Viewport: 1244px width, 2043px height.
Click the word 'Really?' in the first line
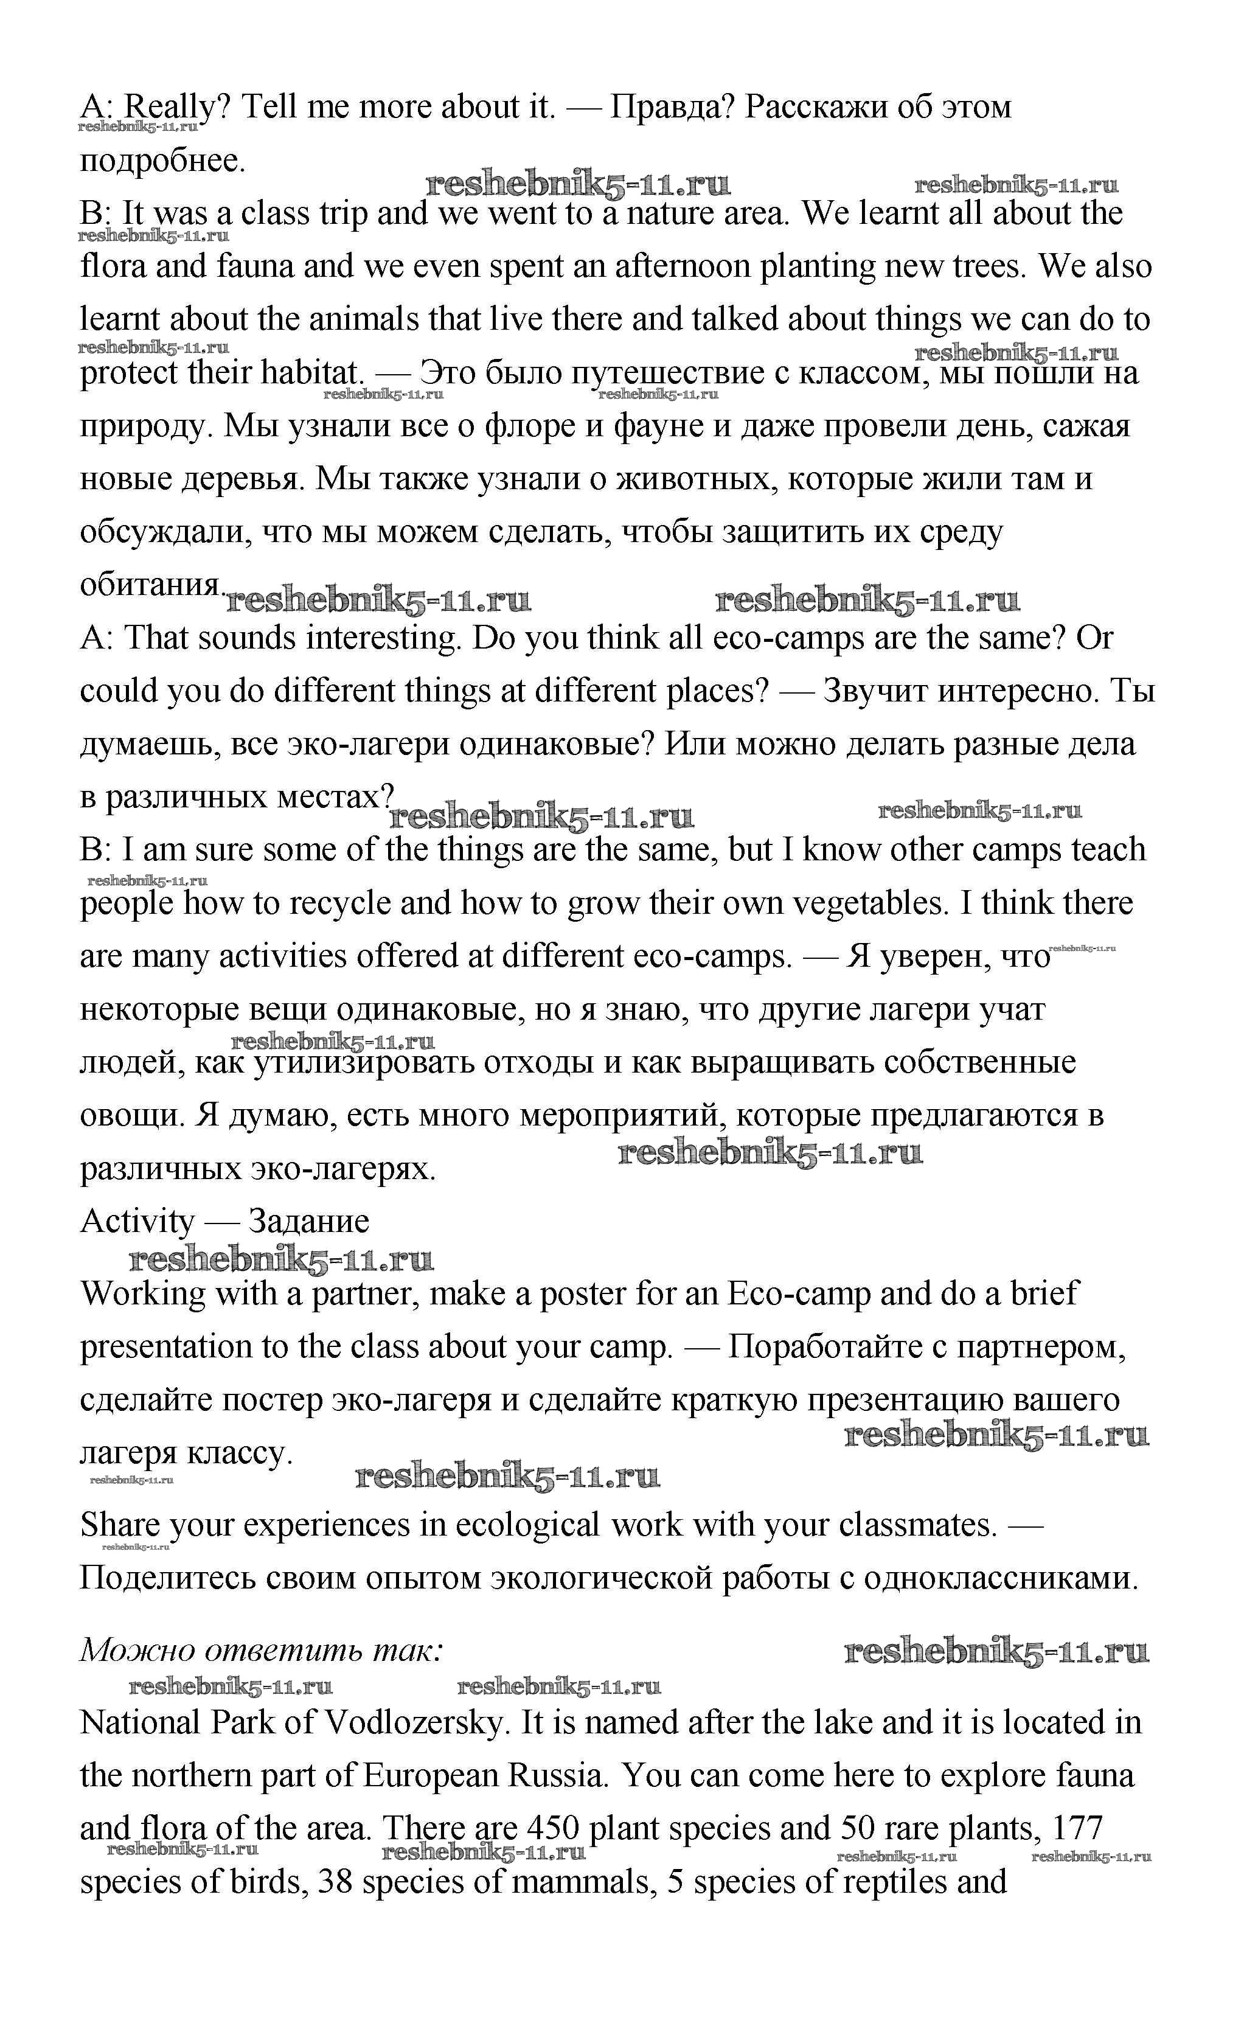176,108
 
